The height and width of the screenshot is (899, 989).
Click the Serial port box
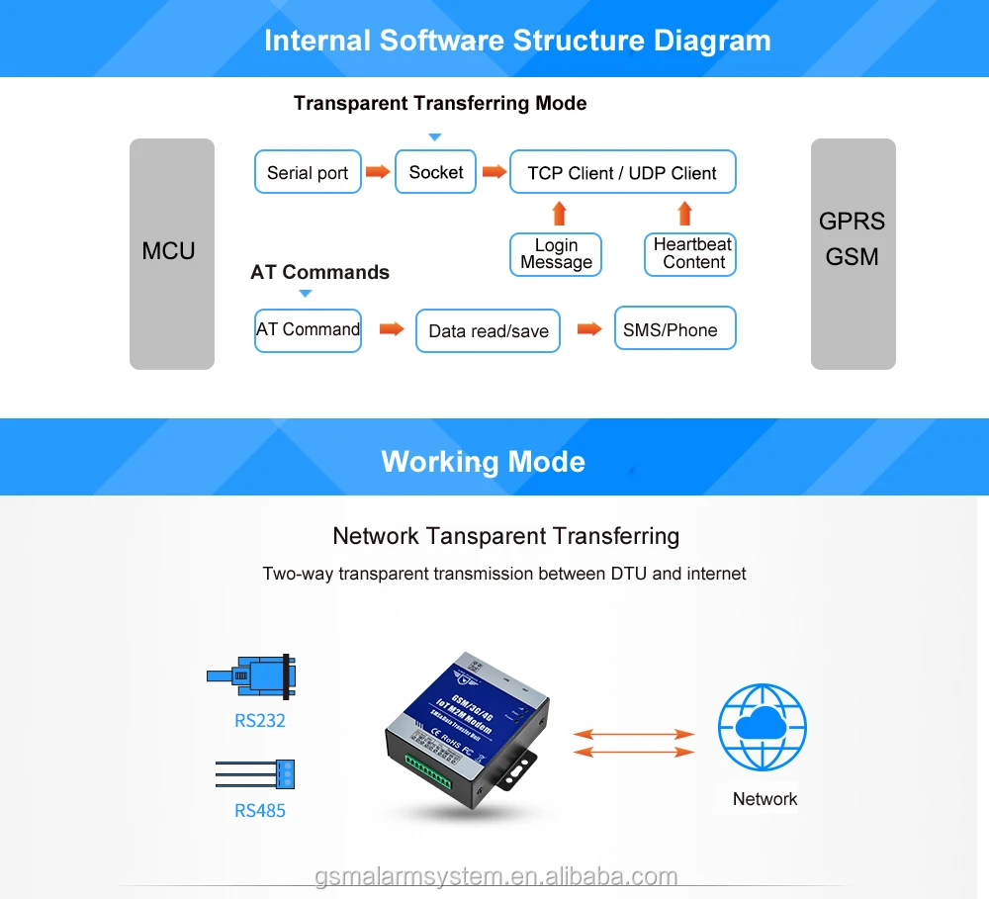click(308, 172)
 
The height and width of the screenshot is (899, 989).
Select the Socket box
click(435, 172)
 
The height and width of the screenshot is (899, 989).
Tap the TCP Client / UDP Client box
click(622, 172)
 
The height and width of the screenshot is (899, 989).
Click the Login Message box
click(556, 254)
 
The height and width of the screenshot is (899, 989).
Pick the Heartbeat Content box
click(691, 253)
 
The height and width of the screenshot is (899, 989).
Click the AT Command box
click(308, 329)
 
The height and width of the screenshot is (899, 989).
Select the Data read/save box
click(489, 330)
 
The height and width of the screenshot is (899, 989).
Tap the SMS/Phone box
click(674, 329)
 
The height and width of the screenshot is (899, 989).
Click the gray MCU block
click(171, 253)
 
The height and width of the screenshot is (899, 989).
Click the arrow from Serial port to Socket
click(378, 172)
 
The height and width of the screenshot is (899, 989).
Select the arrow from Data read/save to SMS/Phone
click(589, 329)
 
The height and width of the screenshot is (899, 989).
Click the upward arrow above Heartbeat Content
click(684, 213)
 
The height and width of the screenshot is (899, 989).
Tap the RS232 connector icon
click(253, 675)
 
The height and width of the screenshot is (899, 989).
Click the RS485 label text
click(259, 811)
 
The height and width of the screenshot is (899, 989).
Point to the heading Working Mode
click(483, 462)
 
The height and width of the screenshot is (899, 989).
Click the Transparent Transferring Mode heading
click(440, 104)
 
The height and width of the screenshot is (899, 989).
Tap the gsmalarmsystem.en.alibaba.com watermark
click(496, 876)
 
